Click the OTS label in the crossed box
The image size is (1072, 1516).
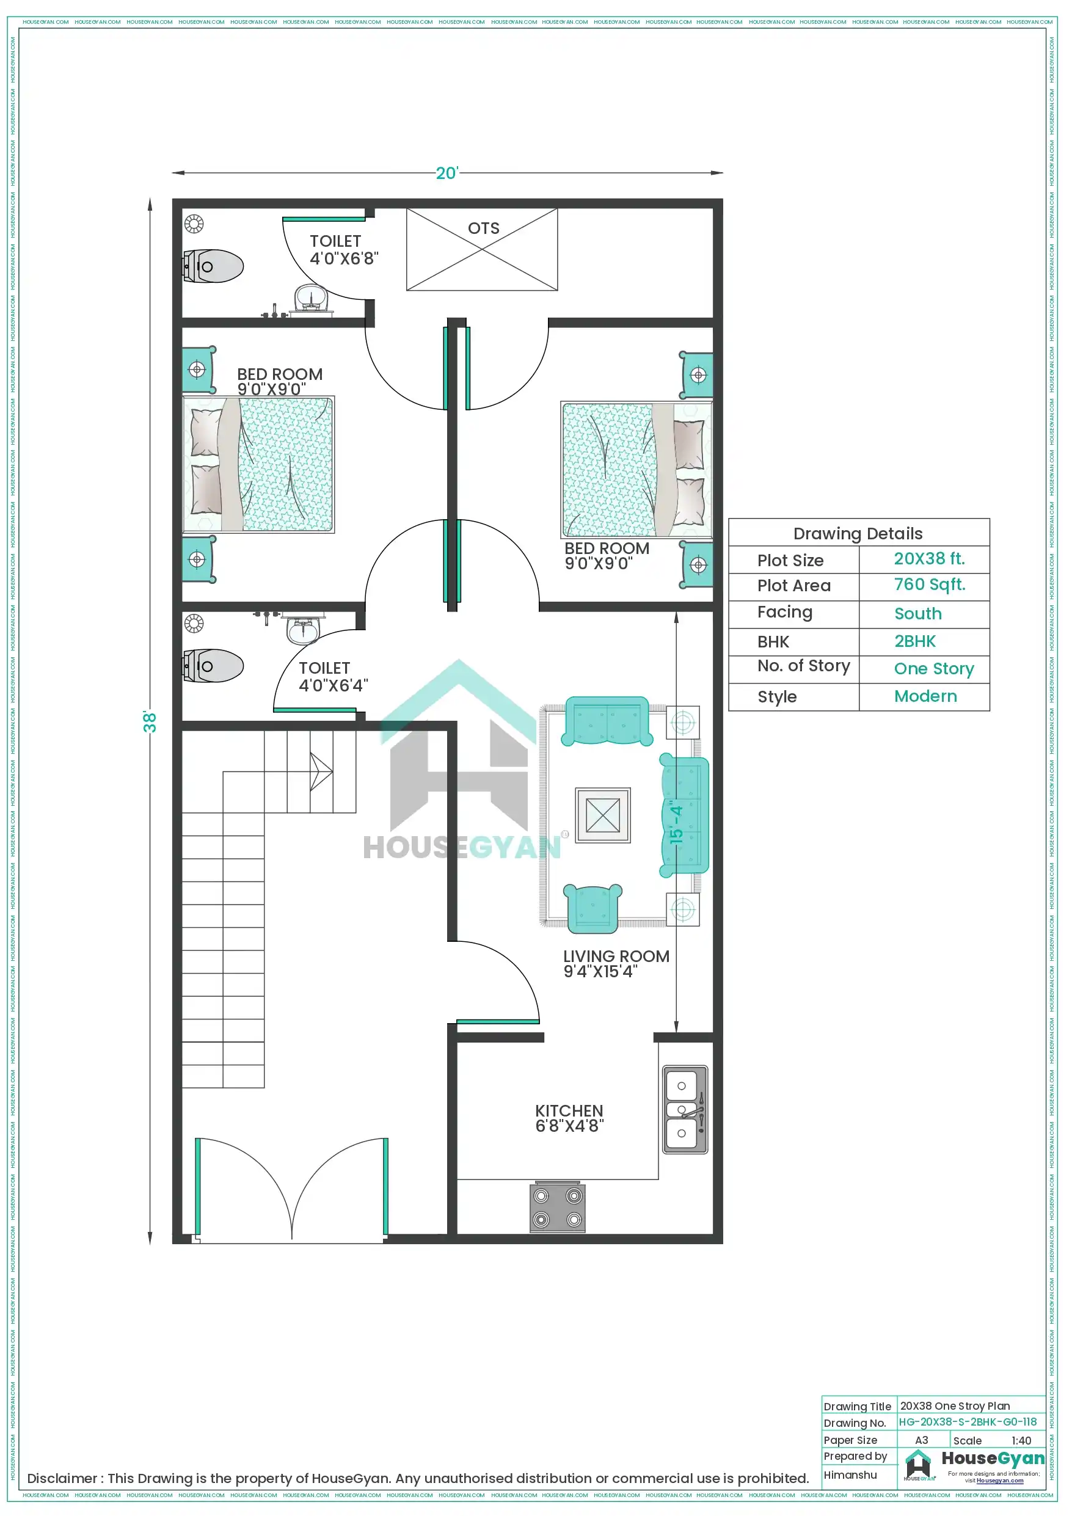pyautogui.click(x=484, y=228)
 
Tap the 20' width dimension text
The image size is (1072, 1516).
pyautogui.click(x=447, y=173)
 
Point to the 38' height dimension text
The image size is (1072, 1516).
pyautogui.click(x=150, y=722)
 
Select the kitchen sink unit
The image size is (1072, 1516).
pyautogui.click(x=685, y=1109)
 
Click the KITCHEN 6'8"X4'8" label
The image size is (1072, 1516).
pyautogui.click(x=569, y=1118)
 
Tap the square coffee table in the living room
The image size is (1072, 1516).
pyautogui.click(x=602, y=815)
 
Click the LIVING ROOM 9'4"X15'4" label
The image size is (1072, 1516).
pyautogui.click(x=616, y=963)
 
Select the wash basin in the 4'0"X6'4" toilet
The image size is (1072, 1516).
pyautogui.click(x=303, y=629)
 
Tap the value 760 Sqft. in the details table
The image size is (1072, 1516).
pyautogui.click(x=929, y=585)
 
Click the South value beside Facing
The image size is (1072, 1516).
pyautogui.click(x=917, y=613)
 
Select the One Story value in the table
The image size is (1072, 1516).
pyautogui.click(x=933, y=669)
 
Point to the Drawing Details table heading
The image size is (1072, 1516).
pyautogui.click(x=858, y=533)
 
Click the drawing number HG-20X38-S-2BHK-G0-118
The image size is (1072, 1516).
pyautogui.click(x=968, y=1421)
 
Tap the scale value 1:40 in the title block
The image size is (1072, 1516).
pyautogui.click(x=1021, y=1441)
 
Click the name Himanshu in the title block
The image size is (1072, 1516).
pyautogui.click(x=850, y=1475)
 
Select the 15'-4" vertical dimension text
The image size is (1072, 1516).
pyautogui.click(x=676, y=823)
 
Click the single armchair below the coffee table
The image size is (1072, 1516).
pyautogui.click(x=593, y=908)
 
